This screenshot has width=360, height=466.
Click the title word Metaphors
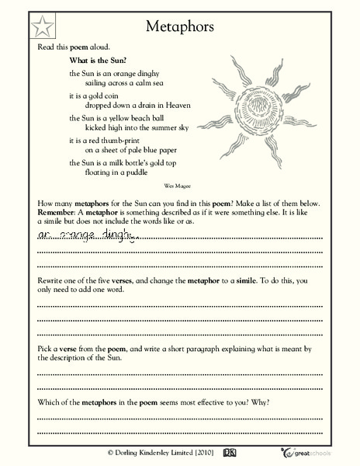pos(180,27)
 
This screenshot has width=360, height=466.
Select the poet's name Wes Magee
pos(178,186)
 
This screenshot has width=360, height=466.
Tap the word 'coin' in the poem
pos(104,96)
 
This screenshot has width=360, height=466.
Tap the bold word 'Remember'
pos(59,212)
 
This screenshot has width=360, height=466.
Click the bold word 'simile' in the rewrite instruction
pos(254,278)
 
